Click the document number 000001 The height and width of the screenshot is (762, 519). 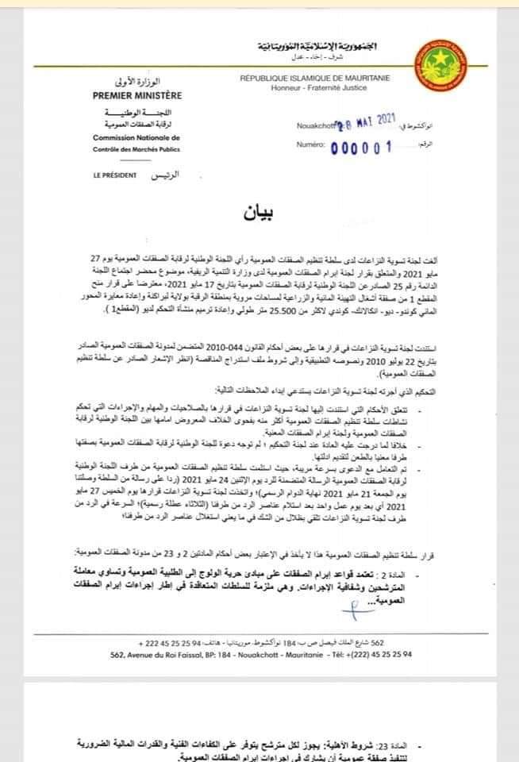[x=355, y=147]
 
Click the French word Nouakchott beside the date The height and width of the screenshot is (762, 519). [x=315, y=125]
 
